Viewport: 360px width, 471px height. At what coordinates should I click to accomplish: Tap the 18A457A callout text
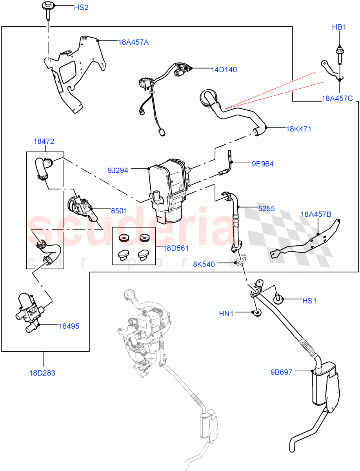(133, 42)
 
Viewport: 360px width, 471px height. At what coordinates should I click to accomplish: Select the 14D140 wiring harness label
(224, 70)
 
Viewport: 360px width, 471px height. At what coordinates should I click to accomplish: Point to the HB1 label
(339, 27)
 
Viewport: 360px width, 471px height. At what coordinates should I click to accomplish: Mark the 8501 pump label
(119, 211)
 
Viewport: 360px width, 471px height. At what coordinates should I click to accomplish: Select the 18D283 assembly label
(42, 373)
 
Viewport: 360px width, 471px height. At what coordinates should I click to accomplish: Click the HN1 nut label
(226, 314)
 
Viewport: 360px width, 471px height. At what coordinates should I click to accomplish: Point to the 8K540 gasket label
(204, 264)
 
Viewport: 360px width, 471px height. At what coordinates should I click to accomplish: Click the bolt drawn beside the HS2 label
(48, 9)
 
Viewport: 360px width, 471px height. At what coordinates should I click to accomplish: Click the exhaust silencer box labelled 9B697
(323, 385)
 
